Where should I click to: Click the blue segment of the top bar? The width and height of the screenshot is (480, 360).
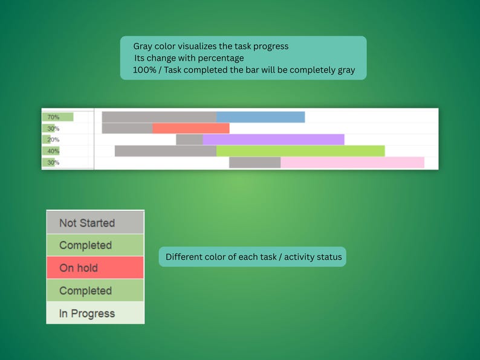[x=261, y=117]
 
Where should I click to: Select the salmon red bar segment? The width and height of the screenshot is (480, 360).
[x=191, y=128]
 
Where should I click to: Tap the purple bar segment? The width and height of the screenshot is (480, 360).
[x=273, y=140]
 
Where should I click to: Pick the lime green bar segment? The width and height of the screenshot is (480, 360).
[x=300, y=151]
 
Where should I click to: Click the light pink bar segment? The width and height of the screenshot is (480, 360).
[x=352, y=162]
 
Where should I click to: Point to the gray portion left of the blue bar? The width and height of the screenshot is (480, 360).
[x=159, y=117]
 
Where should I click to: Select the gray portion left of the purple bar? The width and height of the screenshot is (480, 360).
[x=189, y=140]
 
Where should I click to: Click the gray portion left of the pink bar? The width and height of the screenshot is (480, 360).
[x=255, y=162]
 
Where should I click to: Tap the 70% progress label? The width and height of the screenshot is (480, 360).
[x=53, y=117]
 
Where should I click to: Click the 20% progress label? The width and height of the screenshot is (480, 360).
[x=53, y=140]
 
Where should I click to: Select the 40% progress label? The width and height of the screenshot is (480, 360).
[x=53, y=151]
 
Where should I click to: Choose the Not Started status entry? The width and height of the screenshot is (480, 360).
[x=95, y=222]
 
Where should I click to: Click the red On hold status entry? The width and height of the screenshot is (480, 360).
[x=95, y=268]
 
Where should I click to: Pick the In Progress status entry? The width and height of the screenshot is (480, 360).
[x=95, y=313]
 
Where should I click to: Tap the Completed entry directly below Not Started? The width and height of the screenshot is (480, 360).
[x=95, y=245]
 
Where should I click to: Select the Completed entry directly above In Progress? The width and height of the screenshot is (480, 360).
[x=95, y=291]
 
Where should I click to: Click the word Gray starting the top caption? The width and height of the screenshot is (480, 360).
[x=144, y=47]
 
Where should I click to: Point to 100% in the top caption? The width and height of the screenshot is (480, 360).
[x=143, y=70]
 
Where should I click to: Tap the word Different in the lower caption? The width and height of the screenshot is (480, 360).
[x=185, y=257]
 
